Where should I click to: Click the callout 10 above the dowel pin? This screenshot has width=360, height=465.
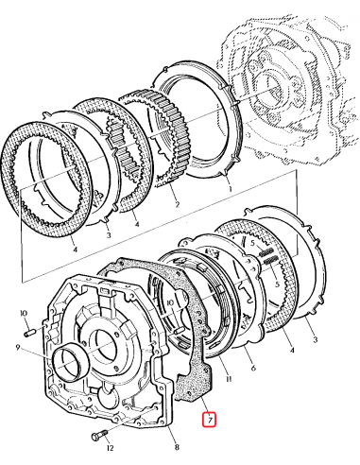[25, 312]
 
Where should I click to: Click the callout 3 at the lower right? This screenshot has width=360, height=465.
[314, 337]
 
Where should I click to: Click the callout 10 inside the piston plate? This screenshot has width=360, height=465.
[168, 304]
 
